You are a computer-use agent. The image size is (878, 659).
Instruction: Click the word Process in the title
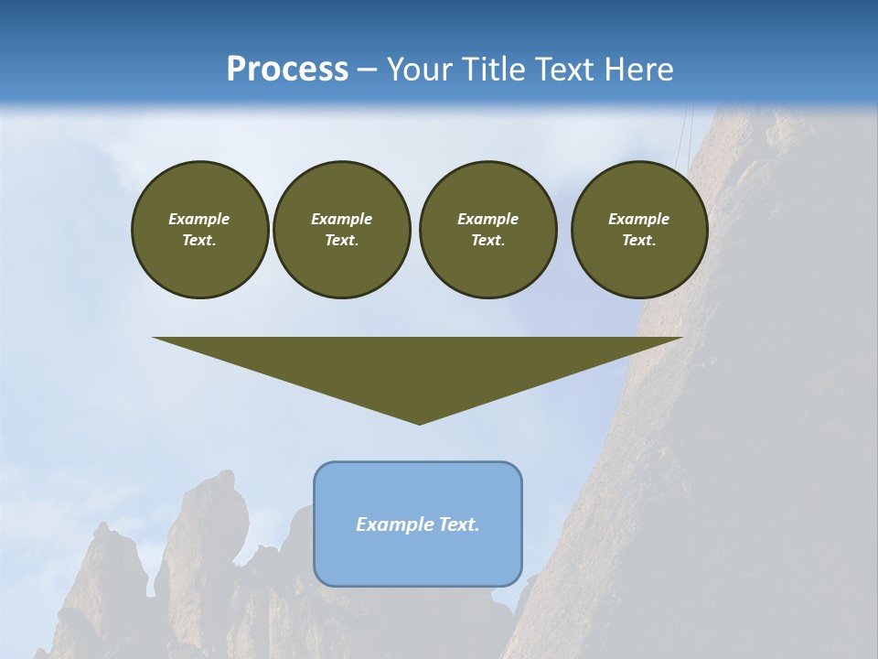287,70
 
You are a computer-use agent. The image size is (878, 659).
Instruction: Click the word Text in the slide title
564,70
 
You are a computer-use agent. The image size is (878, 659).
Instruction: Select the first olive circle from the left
199,229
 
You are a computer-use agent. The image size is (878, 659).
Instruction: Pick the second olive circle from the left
341,229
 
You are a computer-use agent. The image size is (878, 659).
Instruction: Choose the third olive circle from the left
487,229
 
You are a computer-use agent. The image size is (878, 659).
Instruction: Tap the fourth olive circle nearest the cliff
639,229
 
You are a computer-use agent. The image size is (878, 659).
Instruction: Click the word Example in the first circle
199,219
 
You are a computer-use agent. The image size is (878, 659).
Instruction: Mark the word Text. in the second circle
341,241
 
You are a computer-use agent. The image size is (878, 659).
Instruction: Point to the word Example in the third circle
487,219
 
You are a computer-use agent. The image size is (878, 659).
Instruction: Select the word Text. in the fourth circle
639,241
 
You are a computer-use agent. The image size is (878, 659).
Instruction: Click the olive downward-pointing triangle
418,366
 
